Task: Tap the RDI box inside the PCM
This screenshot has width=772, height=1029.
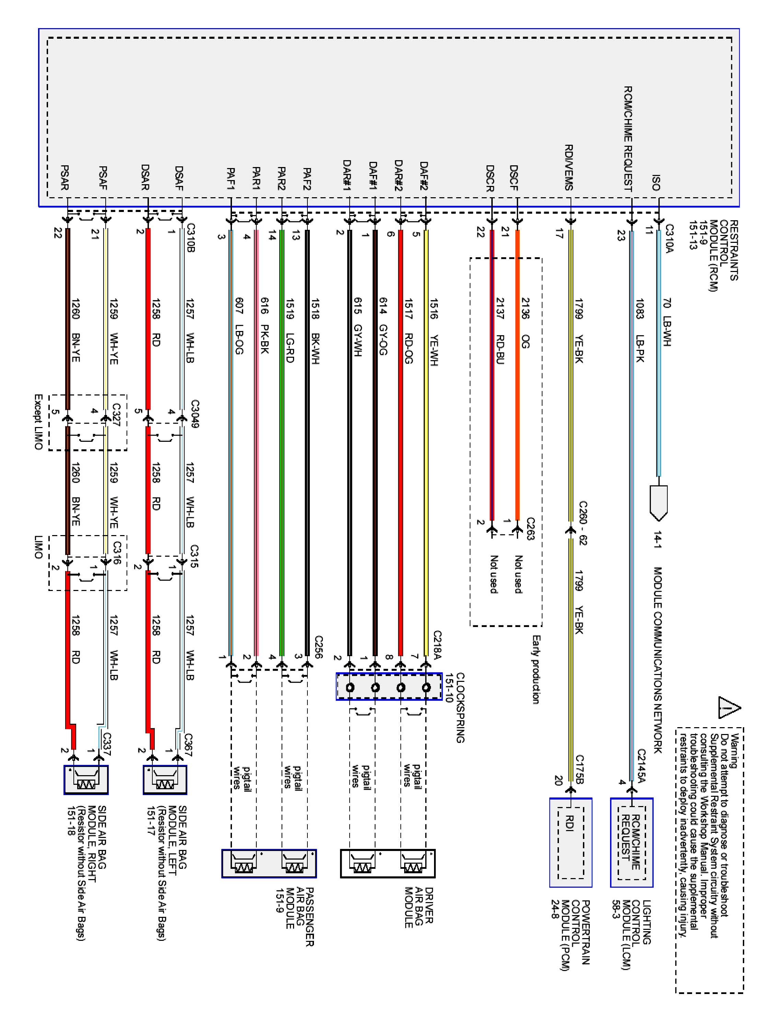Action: coord(571,849)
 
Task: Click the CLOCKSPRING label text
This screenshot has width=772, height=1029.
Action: coord(460,707)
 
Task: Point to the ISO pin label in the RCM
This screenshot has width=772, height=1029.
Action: coord(656,182)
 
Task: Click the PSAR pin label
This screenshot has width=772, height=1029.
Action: coord(65,177)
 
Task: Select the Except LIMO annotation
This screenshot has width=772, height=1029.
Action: coord(39,422)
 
